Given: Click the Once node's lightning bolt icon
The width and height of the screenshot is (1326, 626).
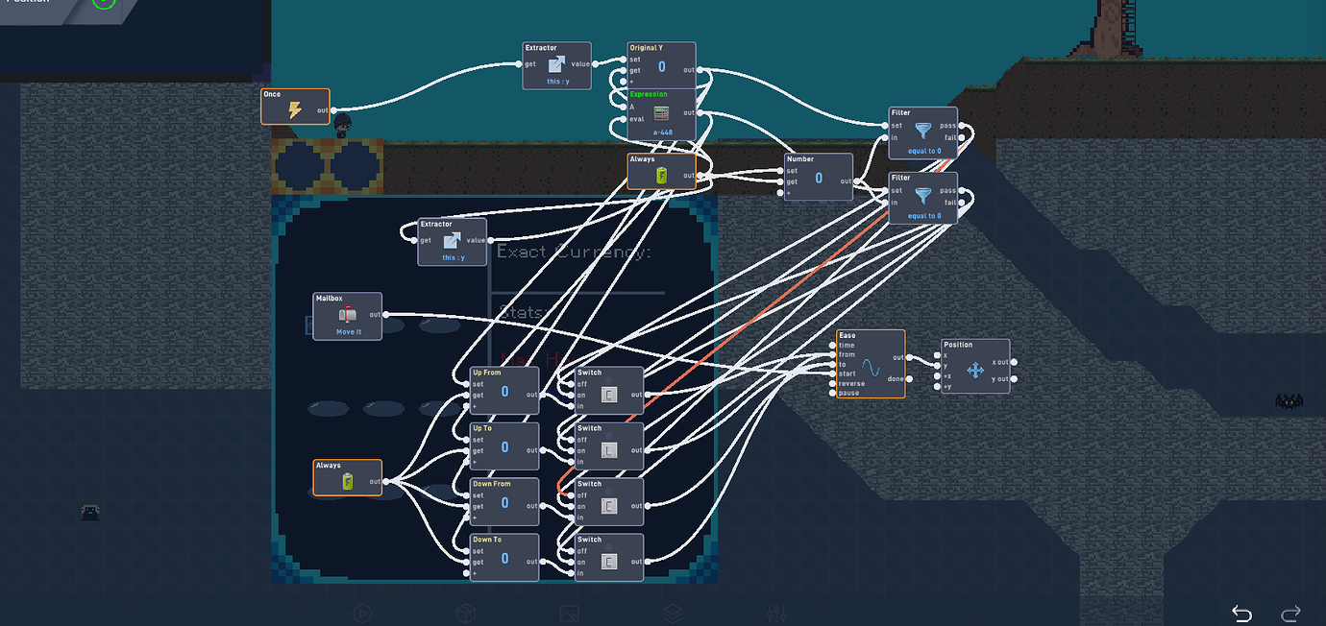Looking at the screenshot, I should point(295,110).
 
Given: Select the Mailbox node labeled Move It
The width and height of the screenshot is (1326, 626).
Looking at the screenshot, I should point(348,316).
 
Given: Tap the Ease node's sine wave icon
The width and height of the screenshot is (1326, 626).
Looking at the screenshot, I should point(870,369).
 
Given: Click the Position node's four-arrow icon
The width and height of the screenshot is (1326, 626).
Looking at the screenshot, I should point(974,370).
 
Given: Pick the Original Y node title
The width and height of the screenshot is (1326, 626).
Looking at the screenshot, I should point(646,47).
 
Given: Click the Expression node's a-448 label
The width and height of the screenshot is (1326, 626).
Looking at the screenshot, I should point(662,132).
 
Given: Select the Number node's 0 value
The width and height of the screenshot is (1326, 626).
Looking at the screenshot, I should point(819,178).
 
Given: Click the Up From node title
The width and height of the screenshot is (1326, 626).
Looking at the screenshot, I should point(486,373).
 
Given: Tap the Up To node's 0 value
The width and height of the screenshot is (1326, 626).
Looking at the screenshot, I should point(504,447).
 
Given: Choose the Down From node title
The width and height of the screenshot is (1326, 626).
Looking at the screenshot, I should point(491,484).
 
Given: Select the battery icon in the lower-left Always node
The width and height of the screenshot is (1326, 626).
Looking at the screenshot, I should point(348,481).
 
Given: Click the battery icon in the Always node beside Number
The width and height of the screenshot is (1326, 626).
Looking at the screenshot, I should point(661,175).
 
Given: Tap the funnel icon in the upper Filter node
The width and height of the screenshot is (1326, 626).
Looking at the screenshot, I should point(922,131).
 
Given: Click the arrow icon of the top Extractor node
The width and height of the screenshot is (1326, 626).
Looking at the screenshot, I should point(556,64).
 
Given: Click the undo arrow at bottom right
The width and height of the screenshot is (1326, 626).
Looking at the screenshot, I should point(1241,614).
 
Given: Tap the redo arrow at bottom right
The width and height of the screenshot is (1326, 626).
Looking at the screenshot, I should point(1290,614).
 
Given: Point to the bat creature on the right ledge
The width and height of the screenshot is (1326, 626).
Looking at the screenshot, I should point(1289,401).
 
